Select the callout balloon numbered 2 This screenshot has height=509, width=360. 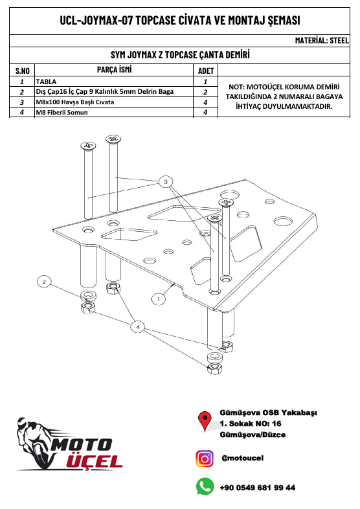click(x=43, y=281)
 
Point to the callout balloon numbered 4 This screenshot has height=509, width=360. click(x=137, y=327)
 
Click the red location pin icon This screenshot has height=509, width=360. click(x=205, y=422)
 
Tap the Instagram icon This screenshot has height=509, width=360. click(x=205, y=458)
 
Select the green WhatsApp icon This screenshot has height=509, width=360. click(x=205, y=486)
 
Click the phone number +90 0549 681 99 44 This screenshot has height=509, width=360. click(x=258, y=487)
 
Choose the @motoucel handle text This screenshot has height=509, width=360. click(x=242, y=458)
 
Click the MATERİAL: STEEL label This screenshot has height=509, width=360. click(x=321, y=40)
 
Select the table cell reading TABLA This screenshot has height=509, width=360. click(x=46, y=82)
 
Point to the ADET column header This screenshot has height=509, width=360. click(x=205, y=70)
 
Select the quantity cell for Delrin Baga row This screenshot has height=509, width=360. click(x=205, y=92)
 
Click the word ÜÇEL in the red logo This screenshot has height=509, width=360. click(x=95, y=461)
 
